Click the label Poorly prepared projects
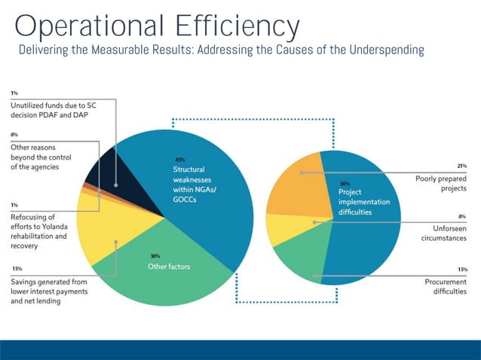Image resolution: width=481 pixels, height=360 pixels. pyautogui.click(x=440, y=184)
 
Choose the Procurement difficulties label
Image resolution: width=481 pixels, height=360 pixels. pyautogui.click(x=445, y=287)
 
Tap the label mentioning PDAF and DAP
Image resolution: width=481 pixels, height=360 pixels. pyautogui.click(x=53, y=111)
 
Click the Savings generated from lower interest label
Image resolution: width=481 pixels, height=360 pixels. pyautogui.click(x=49, y=291)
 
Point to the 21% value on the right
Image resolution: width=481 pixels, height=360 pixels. pyautogui.click(x=461, y=166)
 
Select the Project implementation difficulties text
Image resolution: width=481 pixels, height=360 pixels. pyautogui.click(x=363, y=202)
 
